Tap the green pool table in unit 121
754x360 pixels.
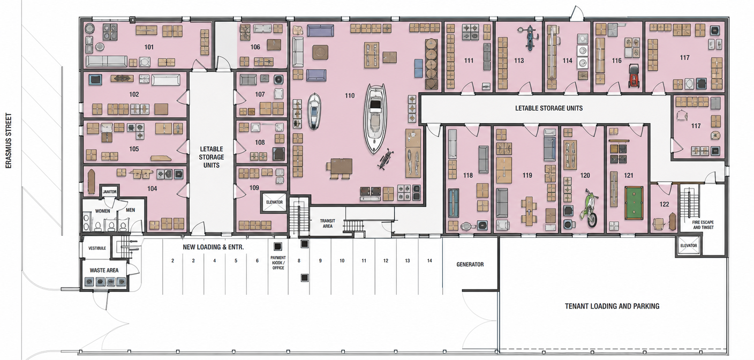coord(634,202)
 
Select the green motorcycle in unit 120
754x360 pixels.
coord(589,207)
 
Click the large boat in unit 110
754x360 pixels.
coord(375,118)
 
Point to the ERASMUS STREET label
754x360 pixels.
coord(9,140)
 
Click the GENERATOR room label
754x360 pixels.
coord(470,264)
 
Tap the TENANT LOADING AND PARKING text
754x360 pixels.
coord(612,306)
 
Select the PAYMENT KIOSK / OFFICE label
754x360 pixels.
coord(278,262)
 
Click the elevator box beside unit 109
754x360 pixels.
coord(274,202)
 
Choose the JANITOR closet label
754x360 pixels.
coord(109,192)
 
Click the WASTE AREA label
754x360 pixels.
coord(104,270)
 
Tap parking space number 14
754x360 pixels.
coord(429,260)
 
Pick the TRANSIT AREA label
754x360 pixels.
coord(328,223)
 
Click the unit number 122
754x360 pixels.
coord(664,204)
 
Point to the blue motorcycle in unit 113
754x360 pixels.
coord(530,37)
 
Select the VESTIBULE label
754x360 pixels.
coord(97,248)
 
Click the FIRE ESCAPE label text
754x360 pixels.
coord(703,222)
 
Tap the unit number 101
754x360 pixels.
coord(149,47)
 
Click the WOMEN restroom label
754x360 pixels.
coord(102,211)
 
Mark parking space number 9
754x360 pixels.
coord(320,261)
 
